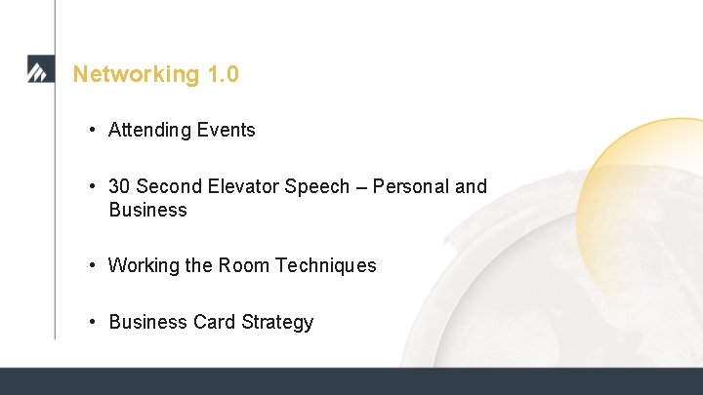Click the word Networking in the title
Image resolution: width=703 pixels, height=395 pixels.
(137, 74)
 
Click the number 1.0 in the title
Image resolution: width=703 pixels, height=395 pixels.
(223, 74)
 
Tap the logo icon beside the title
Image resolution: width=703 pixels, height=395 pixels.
(40, 71)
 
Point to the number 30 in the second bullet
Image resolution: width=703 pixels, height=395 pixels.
(119, 186)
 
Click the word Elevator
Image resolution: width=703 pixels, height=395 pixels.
(244, 186)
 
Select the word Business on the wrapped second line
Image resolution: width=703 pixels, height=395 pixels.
(147, 210)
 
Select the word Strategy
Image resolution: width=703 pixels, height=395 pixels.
(275, 322)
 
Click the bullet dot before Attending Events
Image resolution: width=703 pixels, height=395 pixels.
(90, 131)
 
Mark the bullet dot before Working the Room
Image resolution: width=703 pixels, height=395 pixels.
(90, 266)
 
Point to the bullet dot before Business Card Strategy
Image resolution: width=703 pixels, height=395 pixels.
(90, 323)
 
